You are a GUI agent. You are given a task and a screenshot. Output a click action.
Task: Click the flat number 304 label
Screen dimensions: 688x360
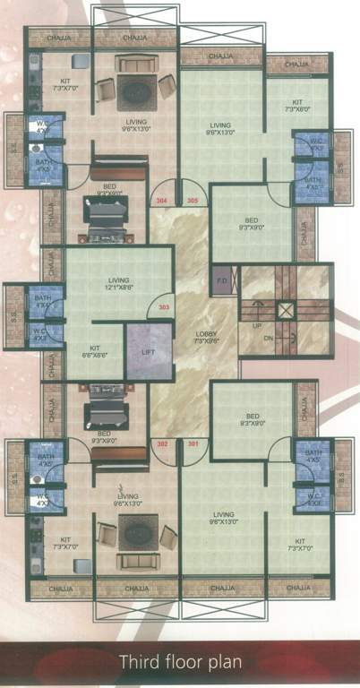point(163,201)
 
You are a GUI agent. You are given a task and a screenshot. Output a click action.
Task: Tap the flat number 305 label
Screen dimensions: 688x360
point(193,201)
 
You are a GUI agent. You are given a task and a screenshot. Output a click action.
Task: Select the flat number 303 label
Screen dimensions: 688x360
point(163,307)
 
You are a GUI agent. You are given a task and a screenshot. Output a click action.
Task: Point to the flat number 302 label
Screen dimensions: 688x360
point(163,443)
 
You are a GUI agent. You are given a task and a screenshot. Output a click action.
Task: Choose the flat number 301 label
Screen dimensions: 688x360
point(193,443)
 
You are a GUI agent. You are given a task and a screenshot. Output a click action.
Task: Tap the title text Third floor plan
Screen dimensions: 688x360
point(180,664)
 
